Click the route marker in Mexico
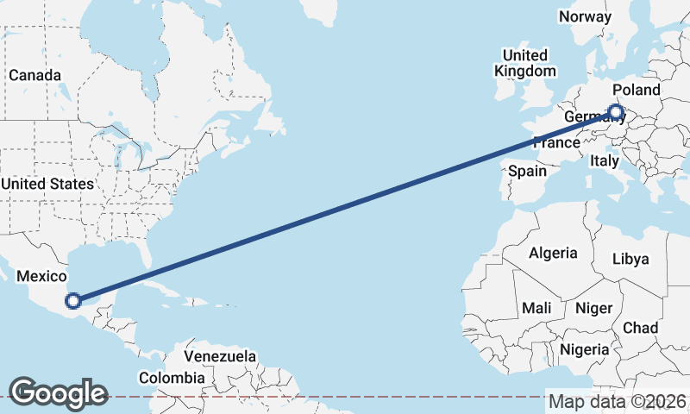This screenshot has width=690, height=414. pos(73,300)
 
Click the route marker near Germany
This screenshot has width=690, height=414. pos(616,111)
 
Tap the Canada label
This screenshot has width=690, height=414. pos(34,75)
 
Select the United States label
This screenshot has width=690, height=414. pos(47,184)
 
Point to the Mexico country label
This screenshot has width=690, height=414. pos(42,276)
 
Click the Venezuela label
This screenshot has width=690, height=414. pos(220,356)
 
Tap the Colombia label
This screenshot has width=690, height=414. pos(172,378)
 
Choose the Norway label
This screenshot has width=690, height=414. pos(585,16)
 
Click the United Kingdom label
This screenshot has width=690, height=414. pos(524,63)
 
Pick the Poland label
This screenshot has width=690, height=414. pos(637,90)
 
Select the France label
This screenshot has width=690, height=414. pos(555,142)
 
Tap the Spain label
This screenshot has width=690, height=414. pos(527,171)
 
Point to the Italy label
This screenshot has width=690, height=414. pos(605,160)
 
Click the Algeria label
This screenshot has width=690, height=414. pos(552,253)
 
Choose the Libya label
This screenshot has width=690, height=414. pos(630,259)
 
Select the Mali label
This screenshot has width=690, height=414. pos(536,308)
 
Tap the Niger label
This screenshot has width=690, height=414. pos(593,308)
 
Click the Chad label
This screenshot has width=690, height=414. pos(640,328)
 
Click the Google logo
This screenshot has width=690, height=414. pos(58,393)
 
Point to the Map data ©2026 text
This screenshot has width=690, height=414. pos(618,401)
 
